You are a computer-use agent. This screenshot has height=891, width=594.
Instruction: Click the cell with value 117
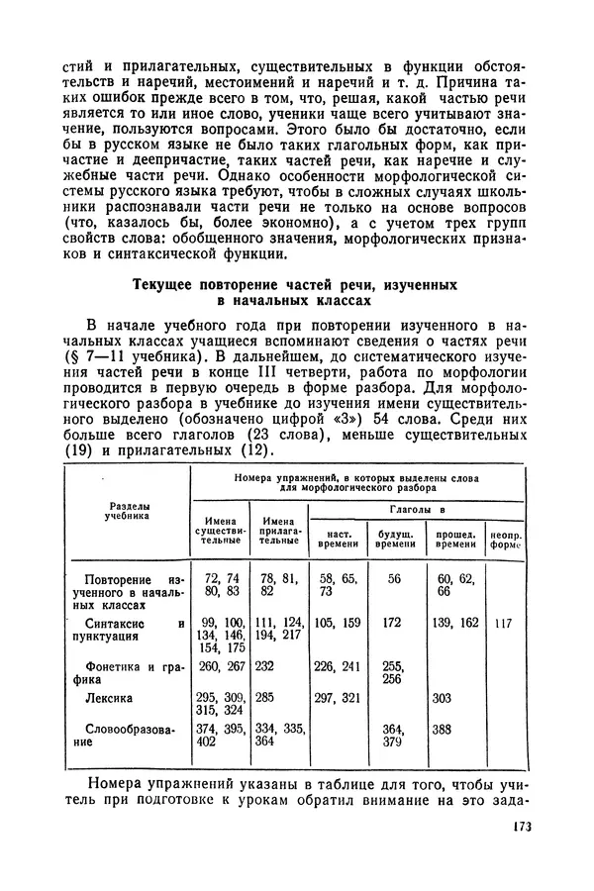click(x=504, y=624)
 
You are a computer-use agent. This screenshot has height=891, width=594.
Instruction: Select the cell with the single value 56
click(x=393, y=577)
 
